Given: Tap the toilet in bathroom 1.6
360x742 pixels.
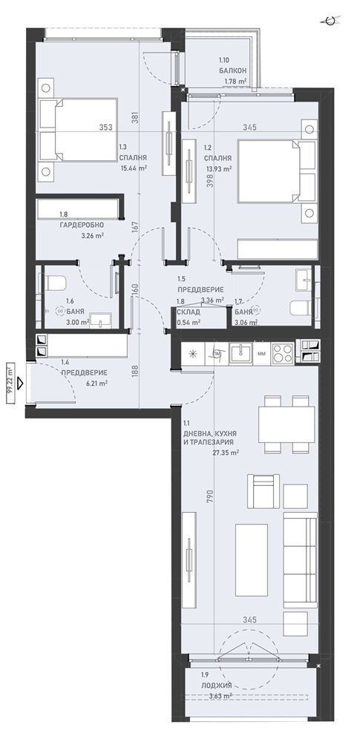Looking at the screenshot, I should [x=53, y=283].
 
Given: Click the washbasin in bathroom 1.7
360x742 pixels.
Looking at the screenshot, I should [x=302, y=279].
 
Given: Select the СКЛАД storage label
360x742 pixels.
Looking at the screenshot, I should [x=188, y=312].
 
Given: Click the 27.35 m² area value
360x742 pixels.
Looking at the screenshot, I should [x=225, y=452].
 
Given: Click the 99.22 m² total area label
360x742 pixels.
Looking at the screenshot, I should [x=10, y=383].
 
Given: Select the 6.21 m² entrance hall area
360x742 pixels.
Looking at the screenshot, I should [x=97, y=384].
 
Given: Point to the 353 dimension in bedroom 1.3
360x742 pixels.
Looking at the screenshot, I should [x=105, y=128].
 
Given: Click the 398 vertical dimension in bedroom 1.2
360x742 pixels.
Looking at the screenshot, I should [x=210, y=180].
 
